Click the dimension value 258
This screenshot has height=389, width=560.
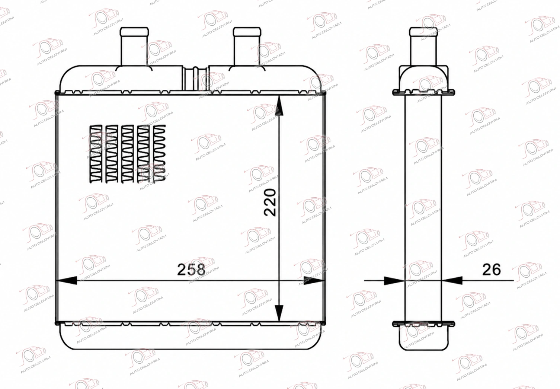pos(191,269)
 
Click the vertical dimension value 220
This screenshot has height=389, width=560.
pos(270,203)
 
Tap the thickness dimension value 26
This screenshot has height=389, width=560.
pos(492,270)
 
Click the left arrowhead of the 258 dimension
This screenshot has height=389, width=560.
pos(67,280)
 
